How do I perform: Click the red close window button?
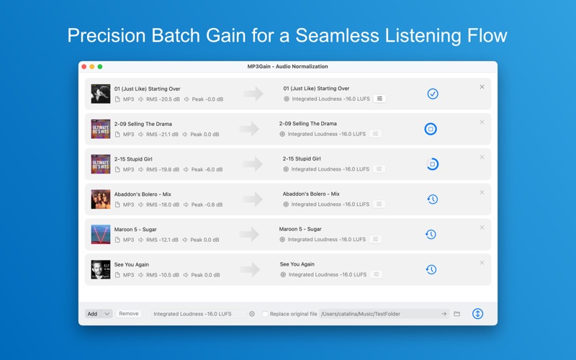(84, 67)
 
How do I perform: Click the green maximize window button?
(100, 67)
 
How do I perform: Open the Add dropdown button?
(99, 314)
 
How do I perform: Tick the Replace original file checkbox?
(265, 314)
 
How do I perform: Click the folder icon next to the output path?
(456, 314)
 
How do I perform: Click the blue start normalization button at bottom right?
(477, 314)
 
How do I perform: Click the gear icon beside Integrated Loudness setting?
(252, 314)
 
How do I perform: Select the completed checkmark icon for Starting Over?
(432, 94)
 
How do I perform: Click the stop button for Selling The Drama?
(431, 129)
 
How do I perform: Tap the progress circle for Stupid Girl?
(432, 164)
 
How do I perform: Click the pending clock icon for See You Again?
(431, 269)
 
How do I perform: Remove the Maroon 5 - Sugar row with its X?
(482, 228)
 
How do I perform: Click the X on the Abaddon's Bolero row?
(482, 192)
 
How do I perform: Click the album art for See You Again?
(101, 269)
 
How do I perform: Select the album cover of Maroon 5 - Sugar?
(101, 234)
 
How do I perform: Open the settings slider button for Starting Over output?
(379, 99)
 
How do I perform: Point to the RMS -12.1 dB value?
(163, 240)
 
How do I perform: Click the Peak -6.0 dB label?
(207, 170)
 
